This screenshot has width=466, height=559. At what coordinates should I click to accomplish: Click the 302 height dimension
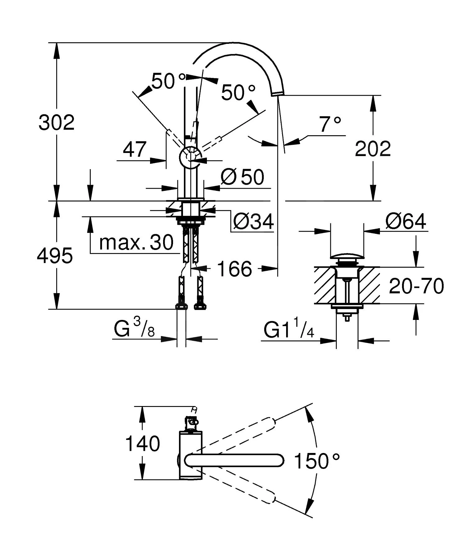(57, 122)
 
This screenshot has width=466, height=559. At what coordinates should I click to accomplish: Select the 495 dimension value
(55, 256)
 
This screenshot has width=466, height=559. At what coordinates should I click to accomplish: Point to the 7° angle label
(330, 124)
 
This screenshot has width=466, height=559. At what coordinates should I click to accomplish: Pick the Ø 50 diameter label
(242, 177)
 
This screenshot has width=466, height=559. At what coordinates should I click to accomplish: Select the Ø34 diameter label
(254, 221)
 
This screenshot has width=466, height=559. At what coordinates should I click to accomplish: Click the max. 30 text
(136, 242)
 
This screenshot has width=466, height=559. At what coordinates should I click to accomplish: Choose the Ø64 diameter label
(406, 221)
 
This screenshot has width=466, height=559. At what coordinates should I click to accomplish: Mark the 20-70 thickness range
(416, 286)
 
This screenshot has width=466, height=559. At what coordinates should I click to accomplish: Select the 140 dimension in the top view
(142, 443)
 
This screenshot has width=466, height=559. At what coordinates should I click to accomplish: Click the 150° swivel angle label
(317, 461)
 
